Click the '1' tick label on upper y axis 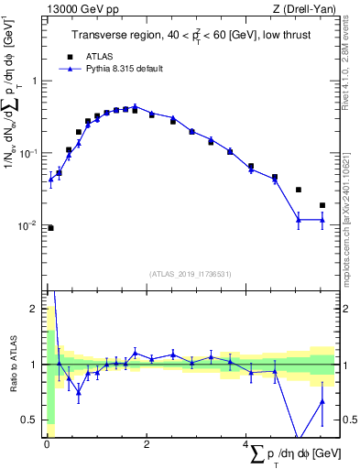click(x=34, y=81)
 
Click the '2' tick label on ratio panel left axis click(x=34, y=310)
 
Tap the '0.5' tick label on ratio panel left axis click(x=30, y=420)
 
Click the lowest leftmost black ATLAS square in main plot click(x=50, y=228)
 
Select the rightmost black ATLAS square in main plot click(x=322, y=205)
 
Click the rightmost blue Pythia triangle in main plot click(x=322, y=220)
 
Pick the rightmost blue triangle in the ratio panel click(x=322, y=400)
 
